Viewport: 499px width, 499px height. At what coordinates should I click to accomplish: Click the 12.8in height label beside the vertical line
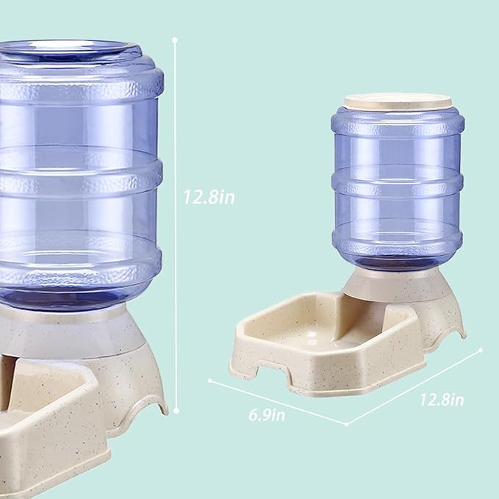[209, 197]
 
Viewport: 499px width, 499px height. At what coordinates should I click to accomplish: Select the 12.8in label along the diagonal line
[442, 400]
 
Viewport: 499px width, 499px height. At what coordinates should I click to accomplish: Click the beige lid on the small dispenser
[397, 101]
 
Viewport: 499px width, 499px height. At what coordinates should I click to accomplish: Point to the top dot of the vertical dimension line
[176, 37]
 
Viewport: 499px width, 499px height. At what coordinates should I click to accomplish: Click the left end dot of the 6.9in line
[210, 381]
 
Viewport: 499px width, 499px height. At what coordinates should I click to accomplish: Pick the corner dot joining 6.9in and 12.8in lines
[346, 425]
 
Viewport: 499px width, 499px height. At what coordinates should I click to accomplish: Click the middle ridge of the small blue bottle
[397, 180]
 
